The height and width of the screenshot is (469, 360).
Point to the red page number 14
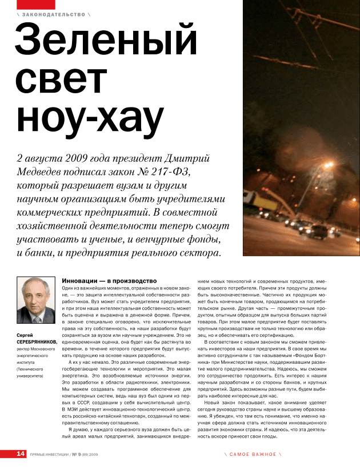click(21, 454)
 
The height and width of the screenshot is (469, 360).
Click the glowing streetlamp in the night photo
click(329, 166)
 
